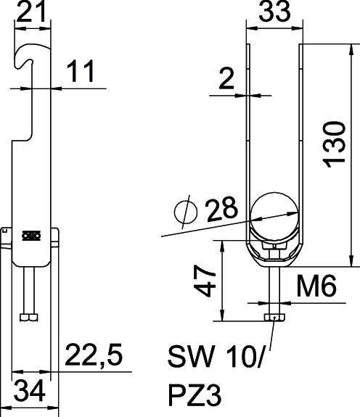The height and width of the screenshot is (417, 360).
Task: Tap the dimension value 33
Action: (274, 12)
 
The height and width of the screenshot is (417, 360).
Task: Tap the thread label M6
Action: (317, 288)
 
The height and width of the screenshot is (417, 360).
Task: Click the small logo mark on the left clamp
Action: (30, 235)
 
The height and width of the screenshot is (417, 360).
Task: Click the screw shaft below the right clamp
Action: (274, 286)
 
